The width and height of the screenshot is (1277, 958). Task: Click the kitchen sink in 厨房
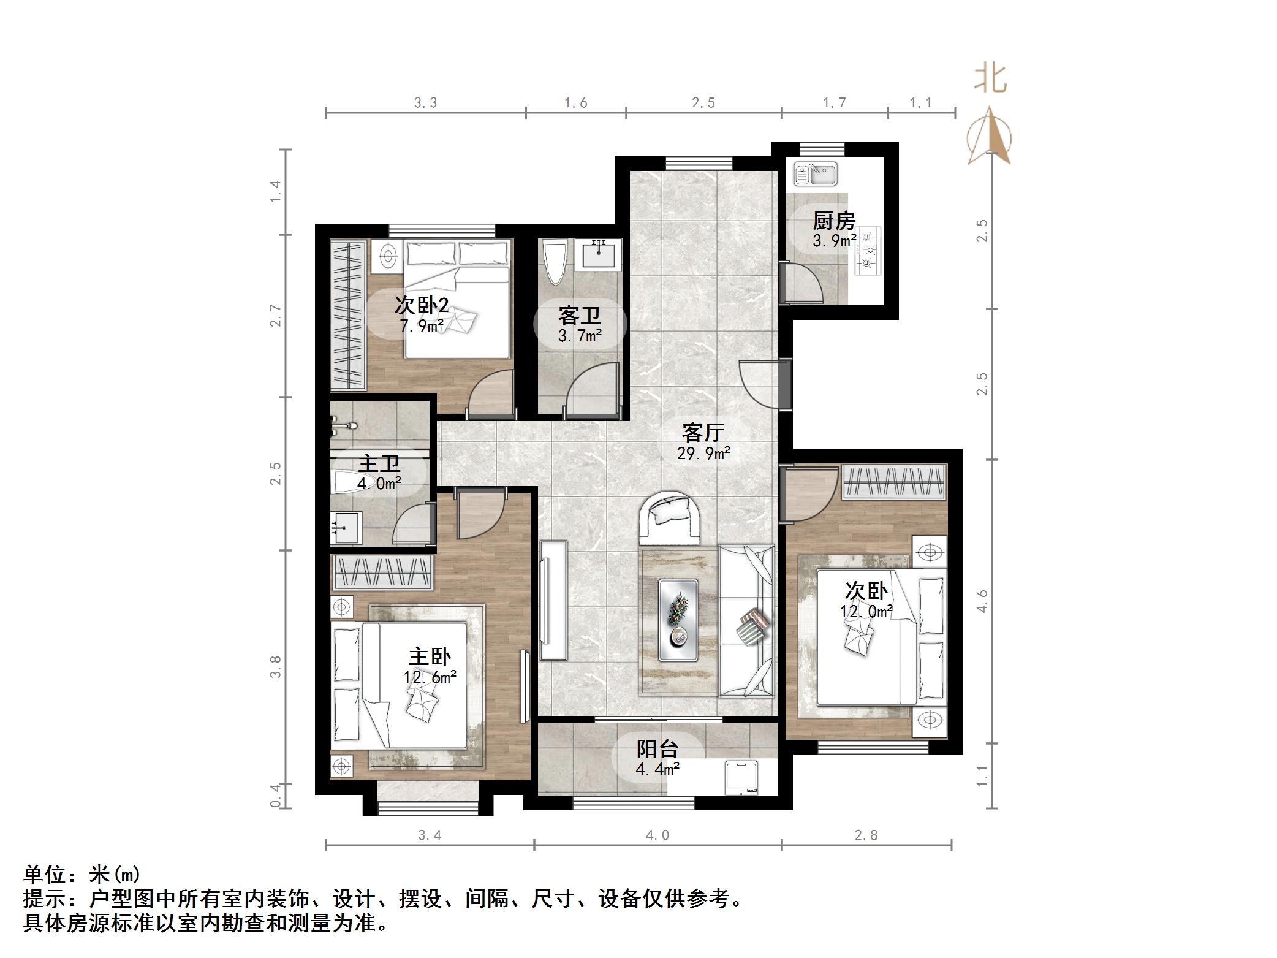pyautogui.click(x=815, y=173)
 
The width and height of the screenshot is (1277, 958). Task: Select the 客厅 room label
pyautogui.click(x=703, y=433)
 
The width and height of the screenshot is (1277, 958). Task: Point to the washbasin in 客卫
pyautogui.click(x=598, y=254)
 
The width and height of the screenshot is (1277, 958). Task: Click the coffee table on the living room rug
pyautogui.click(x=678, y=620)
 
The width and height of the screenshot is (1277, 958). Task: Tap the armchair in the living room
pyautogui.click(x=671, y=517)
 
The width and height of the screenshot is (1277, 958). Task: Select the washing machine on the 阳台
pyautogui.click(x=741, y=778)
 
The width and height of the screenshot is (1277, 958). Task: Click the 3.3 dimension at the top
pyautogui.click(x=425, y=103)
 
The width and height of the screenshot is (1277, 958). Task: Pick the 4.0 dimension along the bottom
pyautogui.click(x=657, y=835)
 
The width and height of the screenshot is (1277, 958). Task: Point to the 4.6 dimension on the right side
pyautogui.click(x=982, y=601)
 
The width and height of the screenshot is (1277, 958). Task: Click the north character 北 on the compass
pyautogui.click(x=990, y=79)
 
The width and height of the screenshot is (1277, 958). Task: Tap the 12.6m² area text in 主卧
pyautogui.click(x=430, y=677)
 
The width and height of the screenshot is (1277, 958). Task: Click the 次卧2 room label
pyautogui.click(x=422, y=305)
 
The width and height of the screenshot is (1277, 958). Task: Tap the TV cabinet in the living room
pyautogui.click(x=553, y=599)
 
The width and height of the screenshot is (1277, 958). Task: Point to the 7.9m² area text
pyautogui.click(x=422, y=326)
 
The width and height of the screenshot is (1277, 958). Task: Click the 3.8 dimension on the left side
pyautogui.click(x=276, y=667)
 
